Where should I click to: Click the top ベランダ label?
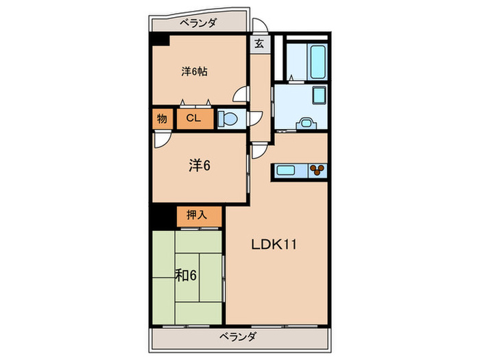click(199, 23)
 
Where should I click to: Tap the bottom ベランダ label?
click(239, 337)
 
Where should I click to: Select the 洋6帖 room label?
click(195, 71)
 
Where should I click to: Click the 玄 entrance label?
click(259, 43)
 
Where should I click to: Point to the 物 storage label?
click(162, 119)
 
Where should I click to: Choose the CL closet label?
click(194, 119)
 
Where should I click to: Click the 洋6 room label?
click(199, 165)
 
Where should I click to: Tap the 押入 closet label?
click(199, 215)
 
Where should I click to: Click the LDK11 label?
click(272, 245)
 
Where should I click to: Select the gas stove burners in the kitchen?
click(318, 169)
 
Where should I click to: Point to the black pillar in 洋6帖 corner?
click(160, 40)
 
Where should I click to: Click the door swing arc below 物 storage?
click(160, 139)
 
